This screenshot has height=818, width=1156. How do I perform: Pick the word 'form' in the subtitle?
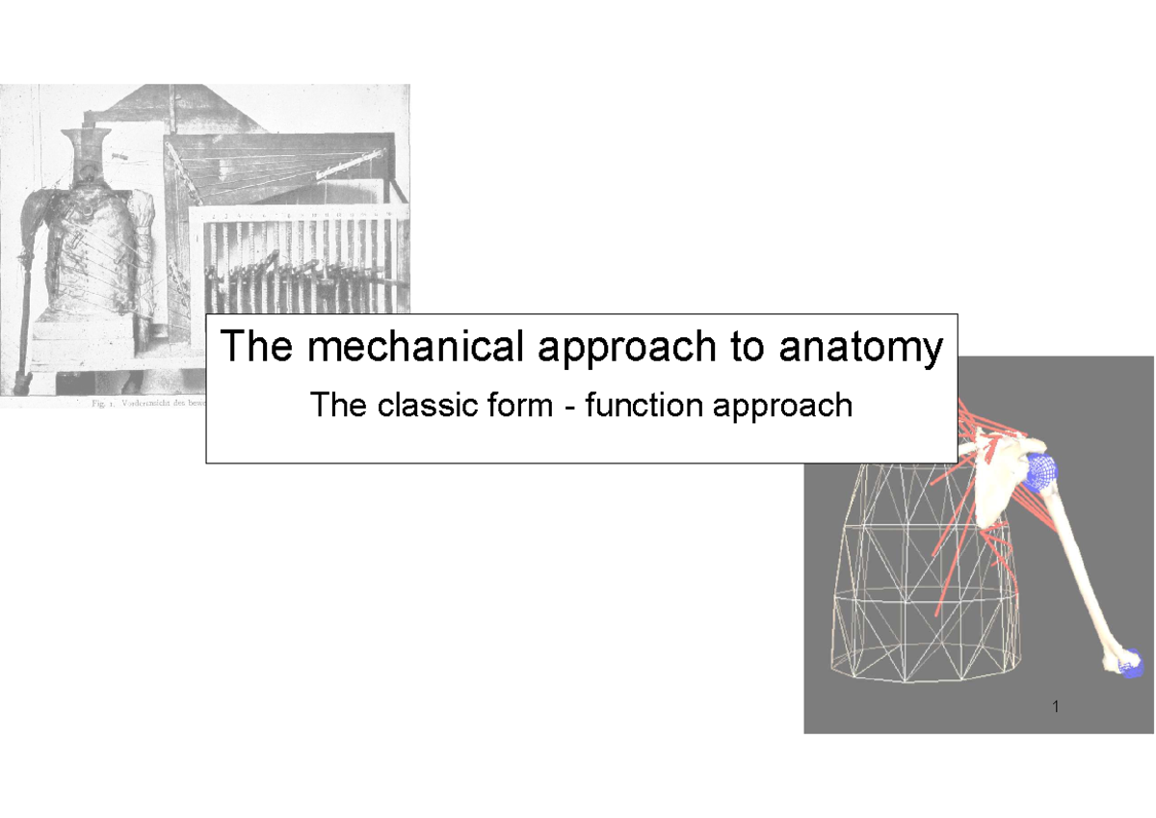(520, 406)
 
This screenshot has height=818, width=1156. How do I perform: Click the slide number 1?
(1057, 707)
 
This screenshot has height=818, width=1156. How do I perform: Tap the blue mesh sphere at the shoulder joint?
(1040, 472)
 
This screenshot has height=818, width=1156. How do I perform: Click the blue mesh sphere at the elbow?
(1130, 664)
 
